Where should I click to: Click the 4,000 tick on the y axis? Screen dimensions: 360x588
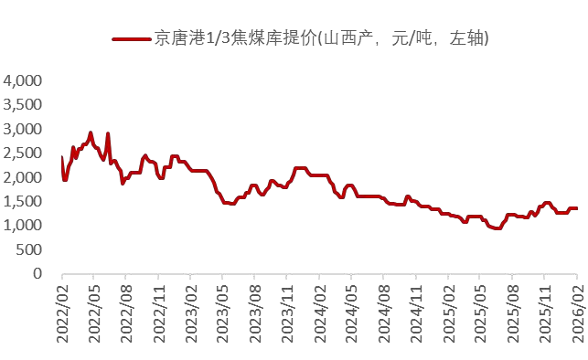pyautogui.click(x=24, y=81)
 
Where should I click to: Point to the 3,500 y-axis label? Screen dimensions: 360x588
pyautogui.click(x=24, y=105)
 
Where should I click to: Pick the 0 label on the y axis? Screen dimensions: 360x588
pyautogui.click(x=37, y=273)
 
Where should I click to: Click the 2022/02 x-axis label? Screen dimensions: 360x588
pyautogui.click(x=63, y=310)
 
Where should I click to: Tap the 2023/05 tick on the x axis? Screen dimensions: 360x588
pyautogui.click(x=223, y=310)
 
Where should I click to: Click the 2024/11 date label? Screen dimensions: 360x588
pyautogui.click(x=416, y=310)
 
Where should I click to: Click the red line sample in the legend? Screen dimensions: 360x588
pyautogui.click(x=131, y=38)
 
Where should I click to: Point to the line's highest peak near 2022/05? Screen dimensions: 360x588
pyautogui.click(x=91, y=132)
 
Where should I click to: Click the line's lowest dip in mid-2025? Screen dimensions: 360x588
pyautogui.click(x=497, y=228)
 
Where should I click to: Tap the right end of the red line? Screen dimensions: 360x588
pyautogui.click(x=576, y=208)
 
